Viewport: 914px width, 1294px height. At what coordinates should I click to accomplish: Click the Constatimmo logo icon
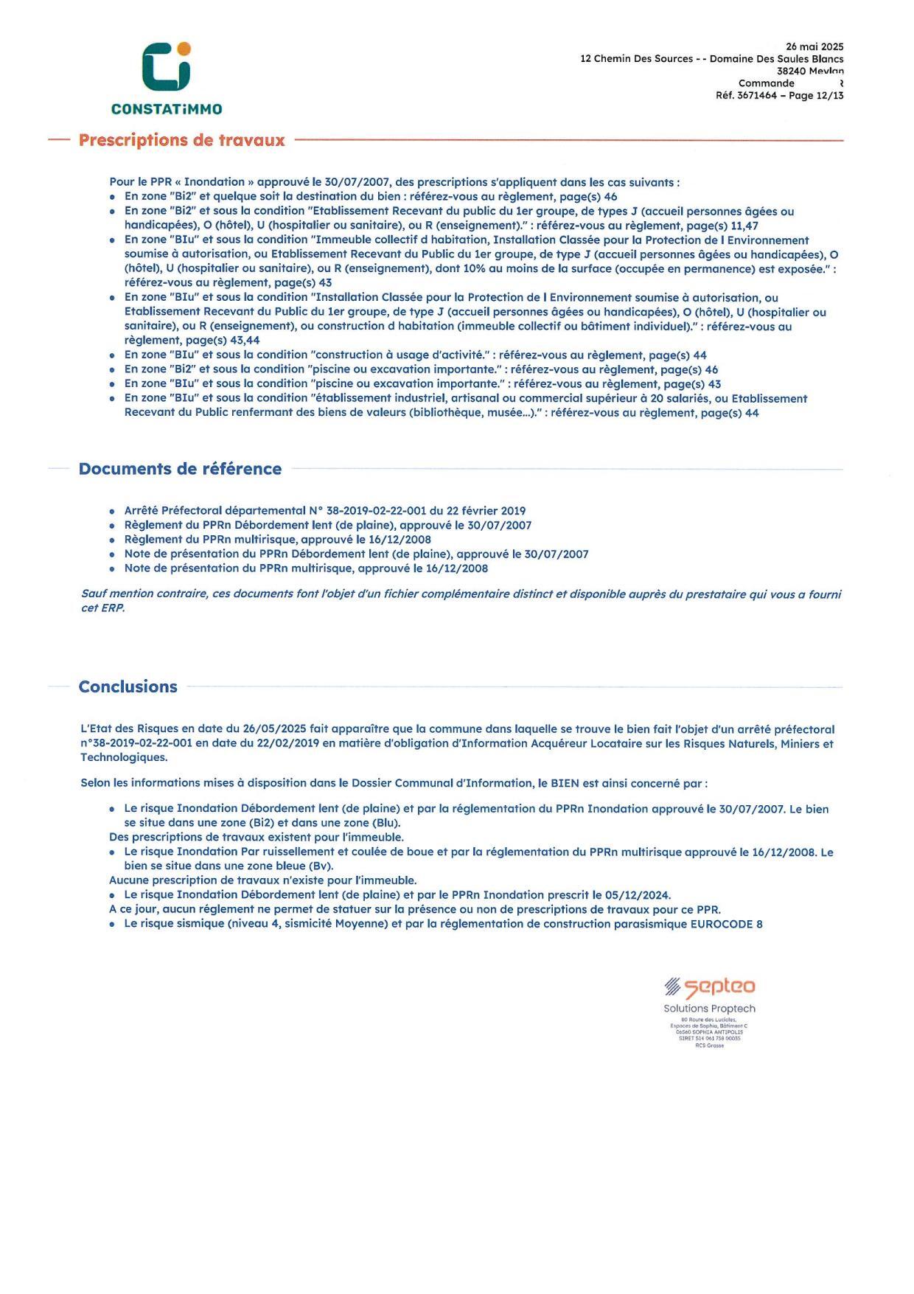pos(167,67)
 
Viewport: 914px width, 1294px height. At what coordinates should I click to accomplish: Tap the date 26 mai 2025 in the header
pos(814,46)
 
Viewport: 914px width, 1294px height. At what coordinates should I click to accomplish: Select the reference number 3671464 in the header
pos(757,96)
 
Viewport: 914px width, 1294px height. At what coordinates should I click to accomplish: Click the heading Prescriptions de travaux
pos(181,140)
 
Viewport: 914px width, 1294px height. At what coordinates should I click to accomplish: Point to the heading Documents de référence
pos(180,469)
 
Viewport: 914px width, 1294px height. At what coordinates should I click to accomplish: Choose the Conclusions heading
pos(128,686)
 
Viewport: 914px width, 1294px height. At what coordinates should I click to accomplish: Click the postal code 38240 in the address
pos(791,72)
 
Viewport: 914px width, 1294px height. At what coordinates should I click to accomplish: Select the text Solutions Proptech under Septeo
pos(709,1009)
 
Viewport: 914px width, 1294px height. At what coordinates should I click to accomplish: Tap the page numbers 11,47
pos(744,226)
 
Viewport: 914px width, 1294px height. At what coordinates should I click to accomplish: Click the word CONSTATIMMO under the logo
pos(167,109)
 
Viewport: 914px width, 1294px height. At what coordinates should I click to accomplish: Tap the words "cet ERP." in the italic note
pos(102,608)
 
